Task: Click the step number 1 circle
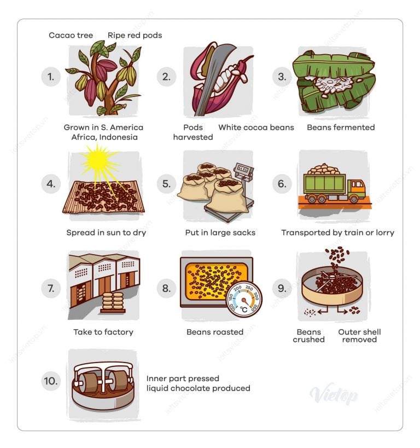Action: (51, 77)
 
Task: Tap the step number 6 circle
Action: (282, 183)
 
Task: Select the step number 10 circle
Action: (51, 381)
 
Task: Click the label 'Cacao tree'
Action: (71, 35)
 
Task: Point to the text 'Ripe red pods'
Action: (135, 36)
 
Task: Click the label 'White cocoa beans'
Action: (256, 128)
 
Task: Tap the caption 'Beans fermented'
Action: (341, 128)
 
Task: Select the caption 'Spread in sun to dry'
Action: (106, 233)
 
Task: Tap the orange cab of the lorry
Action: (357, 188)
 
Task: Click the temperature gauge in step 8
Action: (244, 300)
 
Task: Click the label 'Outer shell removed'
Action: (359, 336)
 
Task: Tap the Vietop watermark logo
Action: (334, 394)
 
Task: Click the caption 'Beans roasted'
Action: (215, 332)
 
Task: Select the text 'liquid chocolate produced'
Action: (199, 388)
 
